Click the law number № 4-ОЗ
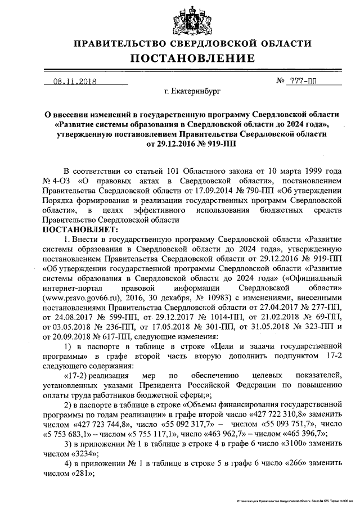pos(55,181)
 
